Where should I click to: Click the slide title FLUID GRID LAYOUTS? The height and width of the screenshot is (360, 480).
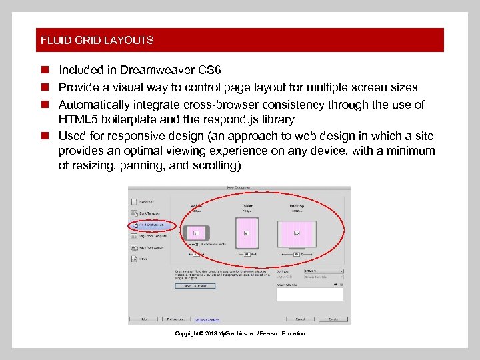coord(97,40)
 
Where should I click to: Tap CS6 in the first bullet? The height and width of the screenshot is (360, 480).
coord(209,70)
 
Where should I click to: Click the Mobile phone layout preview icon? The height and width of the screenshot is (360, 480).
coord(197,233)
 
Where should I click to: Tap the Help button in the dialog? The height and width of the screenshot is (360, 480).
coord(143,319)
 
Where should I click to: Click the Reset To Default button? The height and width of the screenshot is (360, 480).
coord(195,286)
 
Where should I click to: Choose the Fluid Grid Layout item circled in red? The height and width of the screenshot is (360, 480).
coord(153,225)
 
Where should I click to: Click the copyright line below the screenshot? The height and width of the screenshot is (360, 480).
coord(239,333)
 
